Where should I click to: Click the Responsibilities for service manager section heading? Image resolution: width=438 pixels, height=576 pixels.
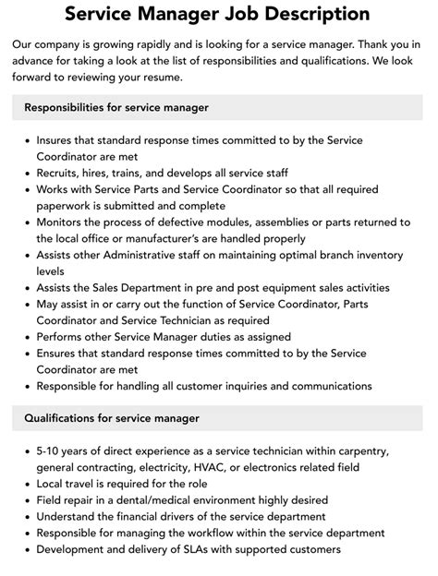point(116,108)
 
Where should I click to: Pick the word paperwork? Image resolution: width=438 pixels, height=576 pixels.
point(68,206)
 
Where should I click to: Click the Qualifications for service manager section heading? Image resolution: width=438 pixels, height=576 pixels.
point(113,418)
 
